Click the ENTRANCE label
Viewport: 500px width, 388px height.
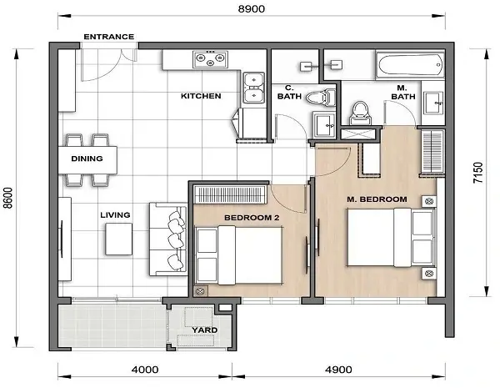(108, 37)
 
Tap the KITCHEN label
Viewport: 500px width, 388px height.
(201, 96)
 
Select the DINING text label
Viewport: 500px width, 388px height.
(86, 159)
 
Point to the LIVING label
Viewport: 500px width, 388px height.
(115, 215)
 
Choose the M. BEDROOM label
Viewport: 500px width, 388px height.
(377, 199)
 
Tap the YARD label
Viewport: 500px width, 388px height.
(205, 330)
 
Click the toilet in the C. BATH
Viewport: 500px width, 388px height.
(316, 98)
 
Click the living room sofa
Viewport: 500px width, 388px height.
(170, 237)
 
